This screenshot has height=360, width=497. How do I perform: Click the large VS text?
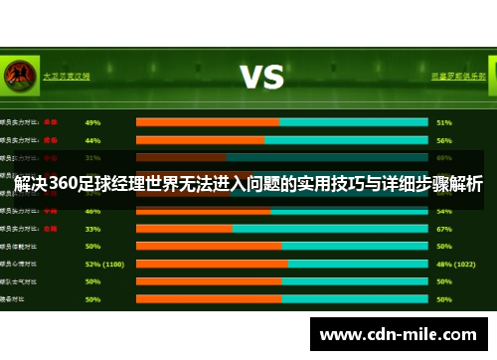(x=261, y=76)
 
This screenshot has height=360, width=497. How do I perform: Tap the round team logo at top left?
(x=16, y=75)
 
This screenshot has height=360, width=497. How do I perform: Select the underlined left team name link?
(x=66, y=75)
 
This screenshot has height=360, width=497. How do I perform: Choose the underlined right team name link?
(x=458, y=75)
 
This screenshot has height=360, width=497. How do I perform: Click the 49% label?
(x=92, y=122)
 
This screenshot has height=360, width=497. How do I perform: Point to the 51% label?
(x=444, y=122)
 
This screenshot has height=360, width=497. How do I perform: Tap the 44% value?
(x=92, y=140)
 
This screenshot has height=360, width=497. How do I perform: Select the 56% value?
(x=444, y=140)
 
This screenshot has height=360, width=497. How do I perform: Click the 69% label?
(x=444, y=157)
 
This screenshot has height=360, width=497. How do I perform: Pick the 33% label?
(x=92, y=228)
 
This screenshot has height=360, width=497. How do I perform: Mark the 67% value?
(x=444, y=228)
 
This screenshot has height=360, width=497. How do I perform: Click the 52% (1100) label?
(x=104, y=264)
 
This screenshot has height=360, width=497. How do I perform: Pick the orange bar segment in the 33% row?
(x=184, y=228)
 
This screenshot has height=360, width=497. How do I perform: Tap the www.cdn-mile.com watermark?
(x=398, y=335)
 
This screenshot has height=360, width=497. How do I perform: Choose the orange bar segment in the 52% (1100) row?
(x=212, y=264)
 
